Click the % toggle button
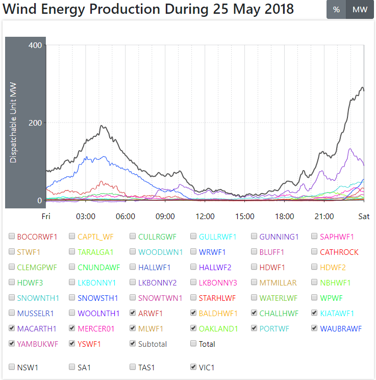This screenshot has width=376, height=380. (x=336, y=10)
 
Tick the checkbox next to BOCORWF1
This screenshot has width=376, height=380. (x=12, y=236)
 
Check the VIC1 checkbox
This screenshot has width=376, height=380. (x=193, y=367)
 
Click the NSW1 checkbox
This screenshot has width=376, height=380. (x=12, y=367)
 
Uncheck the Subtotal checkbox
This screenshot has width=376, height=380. (x=133, y=344)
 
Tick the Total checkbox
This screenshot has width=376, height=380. (x=193, y=344)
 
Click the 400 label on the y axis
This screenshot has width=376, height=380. (x=35, y=45)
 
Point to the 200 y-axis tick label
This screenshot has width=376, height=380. (x=35, y=123)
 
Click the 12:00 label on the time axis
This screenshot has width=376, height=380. (x=205, y=217)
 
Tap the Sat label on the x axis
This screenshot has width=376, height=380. (x=364, y=217)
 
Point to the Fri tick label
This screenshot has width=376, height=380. (x=46, y=217)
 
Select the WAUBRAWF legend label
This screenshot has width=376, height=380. (x=341, y=328)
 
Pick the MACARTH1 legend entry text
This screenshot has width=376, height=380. (x=36, y=328)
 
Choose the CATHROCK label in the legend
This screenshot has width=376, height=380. (x=339, y=252)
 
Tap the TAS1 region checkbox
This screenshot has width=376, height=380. (x=133, y=367)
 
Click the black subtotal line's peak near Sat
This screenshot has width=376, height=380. (x=362, y=88)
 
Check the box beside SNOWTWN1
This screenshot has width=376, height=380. (x=133, y=298)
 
